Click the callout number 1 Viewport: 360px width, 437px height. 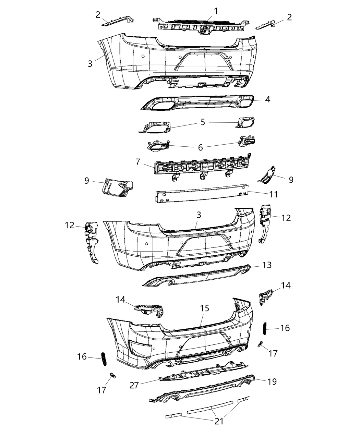216,11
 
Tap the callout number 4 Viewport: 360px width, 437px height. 267,99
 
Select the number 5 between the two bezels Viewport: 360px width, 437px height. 203,122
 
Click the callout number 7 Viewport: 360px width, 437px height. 138,162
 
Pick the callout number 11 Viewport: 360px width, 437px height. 273,194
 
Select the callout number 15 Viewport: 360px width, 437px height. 204,308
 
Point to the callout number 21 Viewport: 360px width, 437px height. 219,421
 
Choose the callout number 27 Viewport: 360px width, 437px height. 134,385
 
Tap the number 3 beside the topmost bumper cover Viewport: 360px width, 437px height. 90,63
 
